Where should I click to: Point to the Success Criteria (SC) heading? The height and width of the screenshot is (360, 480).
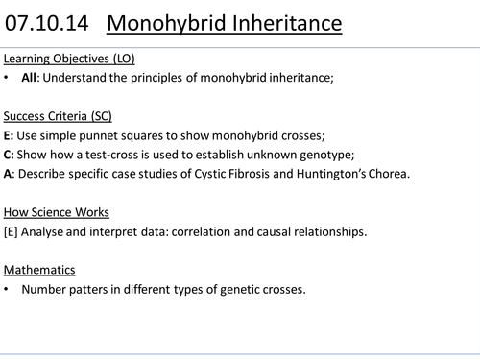pyautogui.click(x=58, y=116)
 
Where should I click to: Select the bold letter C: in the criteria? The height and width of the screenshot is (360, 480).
pyautogui.click(x=10, y=155)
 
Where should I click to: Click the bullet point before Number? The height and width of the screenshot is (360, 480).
pyautogui.click(x=8, y=288)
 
